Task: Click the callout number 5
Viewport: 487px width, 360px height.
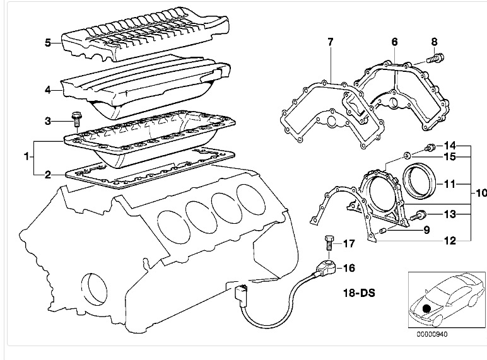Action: point(47,42)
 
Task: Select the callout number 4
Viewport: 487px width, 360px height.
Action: point(47,90)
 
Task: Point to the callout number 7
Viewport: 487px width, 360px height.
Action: point(330,42)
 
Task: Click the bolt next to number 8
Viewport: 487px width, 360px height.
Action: point(435,58)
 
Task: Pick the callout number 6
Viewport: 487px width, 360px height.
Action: point(394,42)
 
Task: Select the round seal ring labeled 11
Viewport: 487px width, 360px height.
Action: point(420,180)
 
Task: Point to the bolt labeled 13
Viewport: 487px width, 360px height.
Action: point(418,216)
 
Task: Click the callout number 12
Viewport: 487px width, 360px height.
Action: point(450,240)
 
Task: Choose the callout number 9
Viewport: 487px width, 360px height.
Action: point(426,230)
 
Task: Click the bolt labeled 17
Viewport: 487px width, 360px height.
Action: point(329,243)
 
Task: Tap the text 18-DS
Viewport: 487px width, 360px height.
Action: point(359,293)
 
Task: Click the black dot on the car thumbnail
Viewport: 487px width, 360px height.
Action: point(426,309)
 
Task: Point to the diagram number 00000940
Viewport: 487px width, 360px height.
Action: point(432,334)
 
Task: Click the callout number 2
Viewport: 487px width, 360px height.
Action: point(47,175)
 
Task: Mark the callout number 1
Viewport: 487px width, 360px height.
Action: point(26,156)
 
